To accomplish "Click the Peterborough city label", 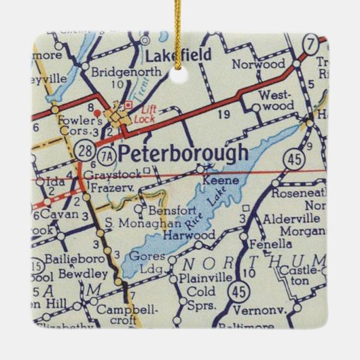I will pos(183,155).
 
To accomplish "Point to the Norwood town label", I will pos(258,65).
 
